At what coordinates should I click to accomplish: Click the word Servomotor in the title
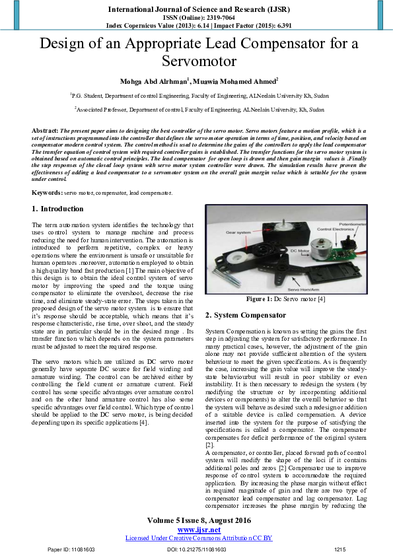(x=196, y=61)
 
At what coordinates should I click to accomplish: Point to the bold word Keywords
(x=47, y=192)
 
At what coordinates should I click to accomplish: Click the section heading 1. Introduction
(x=57, y=209)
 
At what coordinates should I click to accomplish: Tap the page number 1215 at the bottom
(x=340, y=549)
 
